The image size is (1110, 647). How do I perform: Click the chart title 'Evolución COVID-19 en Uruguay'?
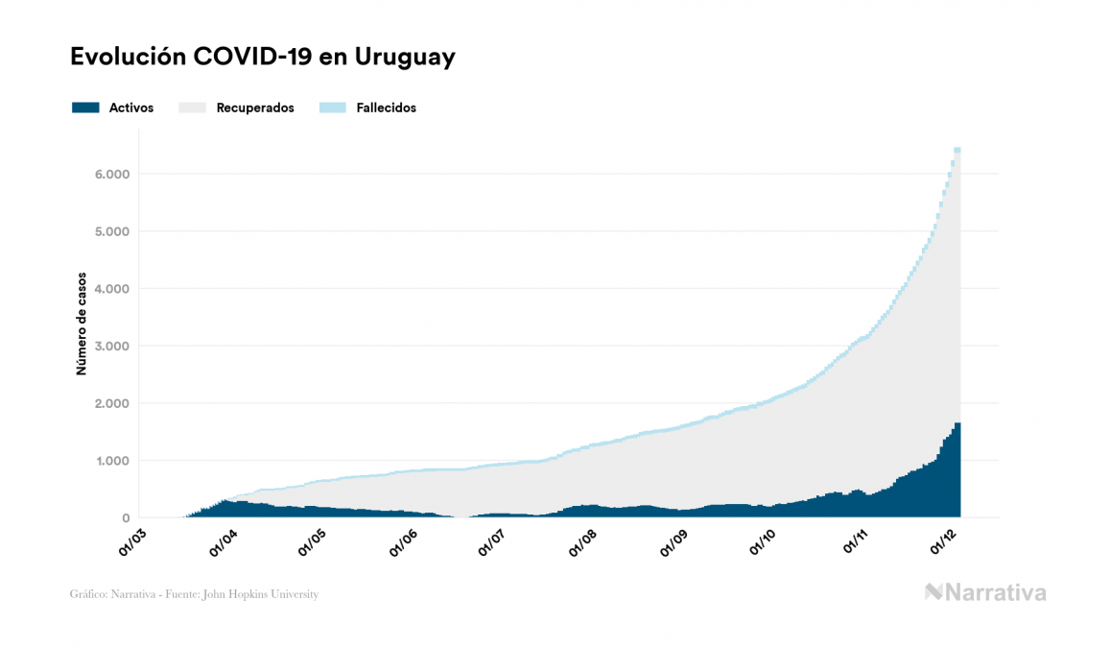(262, 57)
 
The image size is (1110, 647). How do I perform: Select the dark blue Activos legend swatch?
(85, 108)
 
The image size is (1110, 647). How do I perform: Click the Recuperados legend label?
(255, 108)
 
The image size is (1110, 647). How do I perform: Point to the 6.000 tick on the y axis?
(111, 175)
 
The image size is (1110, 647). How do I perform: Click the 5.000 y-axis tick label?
(111, 231)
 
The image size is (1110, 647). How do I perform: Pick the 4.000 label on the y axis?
(111, 289)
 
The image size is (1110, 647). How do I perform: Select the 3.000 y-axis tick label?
(111, 346)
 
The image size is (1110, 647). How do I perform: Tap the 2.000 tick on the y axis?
(111, 403)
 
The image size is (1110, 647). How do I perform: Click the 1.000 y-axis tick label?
(111, 461)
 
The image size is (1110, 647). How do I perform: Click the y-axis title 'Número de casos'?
(83, 323)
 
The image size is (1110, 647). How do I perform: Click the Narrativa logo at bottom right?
(985, 592)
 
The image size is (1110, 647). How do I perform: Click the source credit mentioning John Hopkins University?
(194, 594)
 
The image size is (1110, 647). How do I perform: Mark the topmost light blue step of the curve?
(956, 150)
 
